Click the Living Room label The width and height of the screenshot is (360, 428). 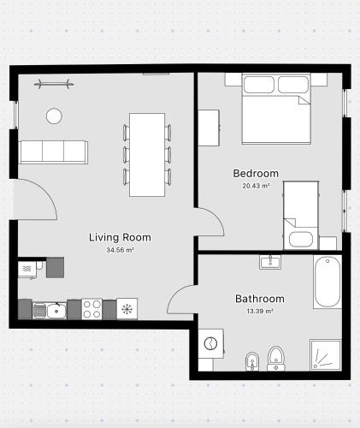coord(120,237)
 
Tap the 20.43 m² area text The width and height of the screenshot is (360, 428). coord(256,186)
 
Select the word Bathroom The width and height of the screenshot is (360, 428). coord(260,299)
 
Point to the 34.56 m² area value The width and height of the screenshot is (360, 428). coord(120,250)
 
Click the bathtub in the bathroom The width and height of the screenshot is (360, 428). coord(328,282)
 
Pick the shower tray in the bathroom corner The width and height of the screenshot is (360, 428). coord(326,355)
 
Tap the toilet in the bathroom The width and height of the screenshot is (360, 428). coord(276,359)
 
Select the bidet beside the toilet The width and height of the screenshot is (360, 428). coord(252,361)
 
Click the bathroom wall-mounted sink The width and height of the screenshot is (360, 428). coord(270,262)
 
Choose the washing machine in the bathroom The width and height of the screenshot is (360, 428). coord(211,343)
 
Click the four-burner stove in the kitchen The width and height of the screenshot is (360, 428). coord(91,309)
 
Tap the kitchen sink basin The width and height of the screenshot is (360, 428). coord(56,311)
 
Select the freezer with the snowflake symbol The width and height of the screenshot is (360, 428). coord(127,309)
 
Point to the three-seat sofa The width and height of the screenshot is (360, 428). coord(53,152)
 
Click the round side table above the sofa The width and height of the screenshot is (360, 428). coord(54,116)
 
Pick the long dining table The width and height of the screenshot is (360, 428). coord(147,155)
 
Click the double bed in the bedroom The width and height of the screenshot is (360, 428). coord(276,109)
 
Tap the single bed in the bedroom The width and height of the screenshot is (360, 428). coord(301,215)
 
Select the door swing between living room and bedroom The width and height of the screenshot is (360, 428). coord(217,216)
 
